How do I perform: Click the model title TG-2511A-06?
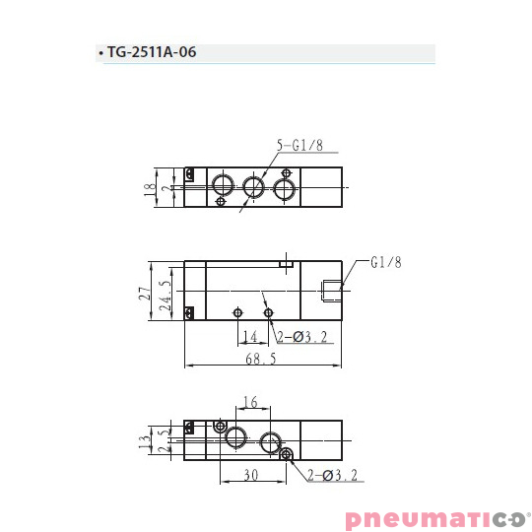(153, 53)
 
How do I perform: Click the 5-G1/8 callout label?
(299, 145)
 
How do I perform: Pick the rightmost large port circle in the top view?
(286, 187)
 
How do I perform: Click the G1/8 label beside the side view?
(386, 262)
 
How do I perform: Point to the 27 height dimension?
(144, 291)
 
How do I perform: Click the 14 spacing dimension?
(250, 337)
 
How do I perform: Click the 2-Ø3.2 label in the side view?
(301, 337)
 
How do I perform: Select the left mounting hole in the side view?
(237, 312)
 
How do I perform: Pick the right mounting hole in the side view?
(269, 312)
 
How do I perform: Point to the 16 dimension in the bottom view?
(249, 402)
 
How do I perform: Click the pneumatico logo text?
(434, 518)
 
